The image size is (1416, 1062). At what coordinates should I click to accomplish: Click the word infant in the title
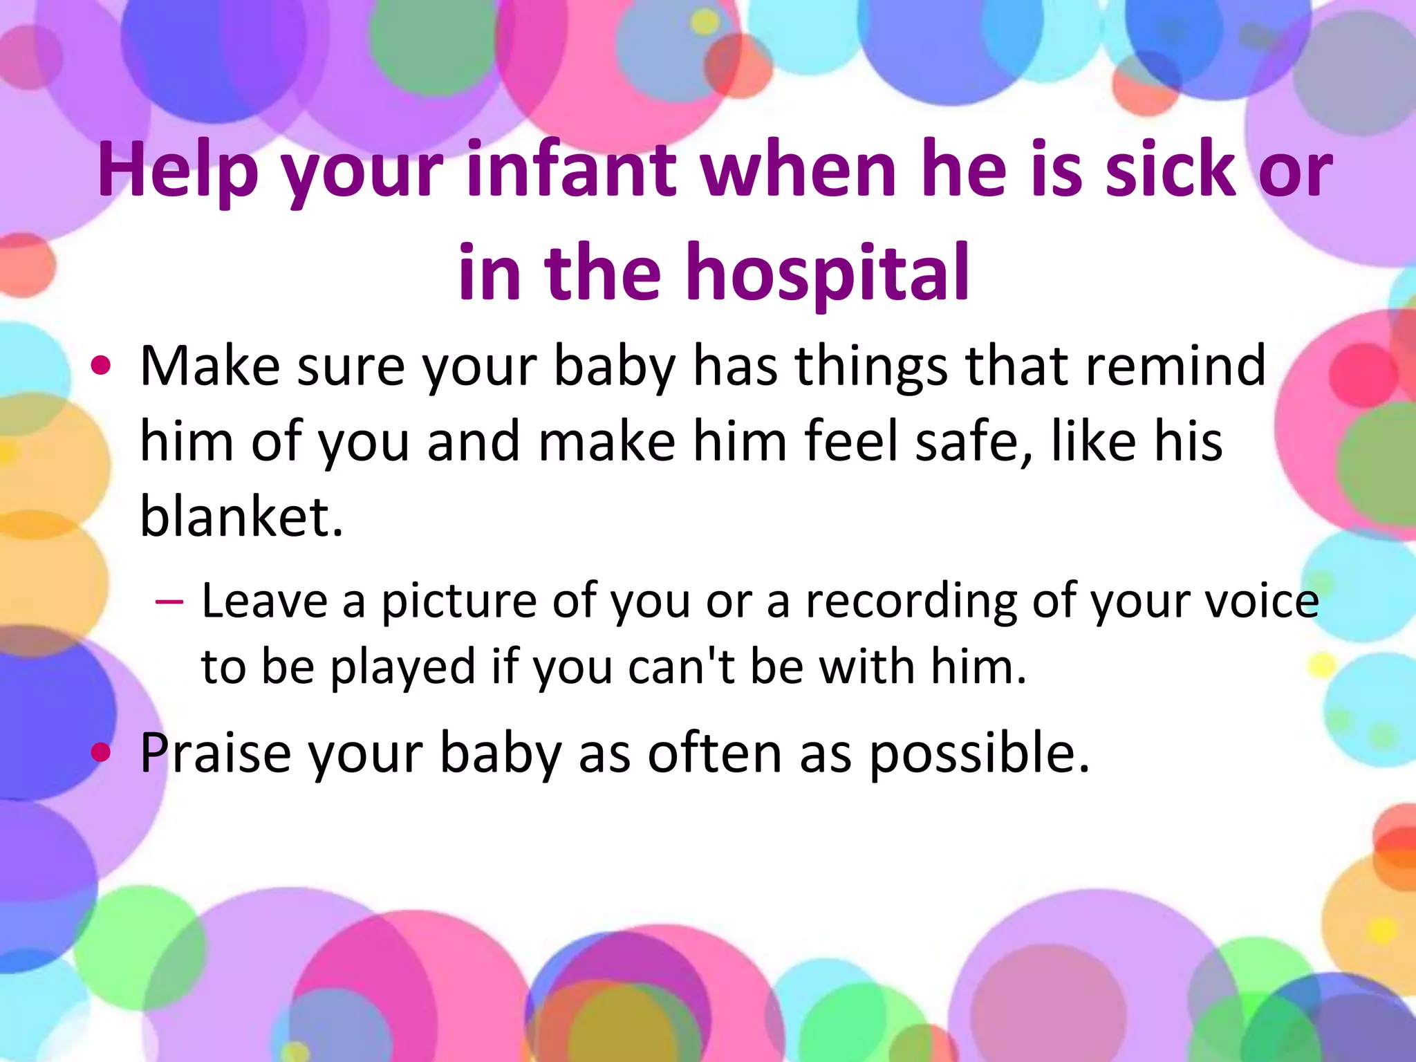point(571,169)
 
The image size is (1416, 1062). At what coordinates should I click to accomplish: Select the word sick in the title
point(1169,169)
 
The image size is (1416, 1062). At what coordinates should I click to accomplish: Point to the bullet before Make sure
point(101,366)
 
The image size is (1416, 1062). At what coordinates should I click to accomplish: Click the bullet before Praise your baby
point(101,752)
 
